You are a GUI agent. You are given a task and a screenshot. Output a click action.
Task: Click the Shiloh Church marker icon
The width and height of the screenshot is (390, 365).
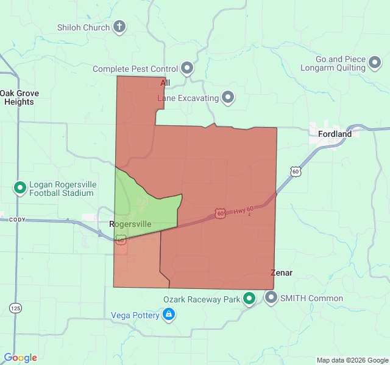pos(120,27)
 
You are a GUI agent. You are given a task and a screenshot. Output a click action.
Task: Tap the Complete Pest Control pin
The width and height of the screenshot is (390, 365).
pos(187,69)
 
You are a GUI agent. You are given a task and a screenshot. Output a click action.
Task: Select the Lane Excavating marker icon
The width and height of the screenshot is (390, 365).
pos(229,97)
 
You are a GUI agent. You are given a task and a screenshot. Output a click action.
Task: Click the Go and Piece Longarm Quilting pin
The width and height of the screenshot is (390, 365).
pos(376,63)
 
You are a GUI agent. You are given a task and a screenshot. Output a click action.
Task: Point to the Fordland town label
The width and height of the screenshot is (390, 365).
pos(335,134)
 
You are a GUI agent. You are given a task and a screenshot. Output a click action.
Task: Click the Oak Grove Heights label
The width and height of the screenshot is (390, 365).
pos(17,97)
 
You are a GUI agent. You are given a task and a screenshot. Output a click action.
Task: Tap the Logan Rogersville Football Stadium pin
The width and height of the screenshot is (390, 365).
pos(19,188)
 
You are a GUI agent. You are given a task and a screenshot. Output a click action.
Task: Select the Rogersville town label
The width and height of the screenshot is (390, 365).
pos(130,224)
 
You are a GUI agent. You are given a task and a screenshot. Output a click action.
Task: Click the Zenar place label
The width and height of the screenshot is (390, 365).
pos(282,273)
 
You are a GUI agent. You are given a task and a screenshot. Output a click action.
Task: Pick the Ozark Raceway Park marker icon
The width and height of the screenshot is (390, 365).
pos(249,299)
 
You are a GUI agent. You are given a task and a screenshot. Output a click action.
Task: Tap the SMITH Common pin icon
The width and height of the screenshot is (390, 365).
pos(271,298)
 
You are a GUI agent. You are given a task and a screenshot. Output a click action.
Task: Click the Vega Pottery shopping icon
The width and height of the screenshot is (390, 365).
pos(169,315)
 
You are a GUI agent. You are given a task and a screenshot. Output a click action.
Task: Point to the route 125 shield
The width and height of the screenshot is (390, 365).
pos(15,308)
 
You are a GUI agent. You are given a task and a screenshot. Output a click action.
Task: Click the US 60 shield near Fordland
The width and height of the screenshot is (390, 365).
pos(296,172)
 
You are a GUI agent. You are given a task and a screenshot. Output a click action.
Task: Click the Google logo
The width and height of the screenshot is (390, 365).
pos(20,358)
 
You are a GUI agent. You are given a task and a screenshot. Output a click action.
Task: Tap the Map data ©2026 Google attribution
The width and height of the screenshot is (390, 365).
pos(352,360)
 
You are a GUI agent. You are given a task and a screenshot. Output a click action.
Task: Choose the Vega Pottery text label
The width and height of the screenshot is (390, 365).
pos(135,315)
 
